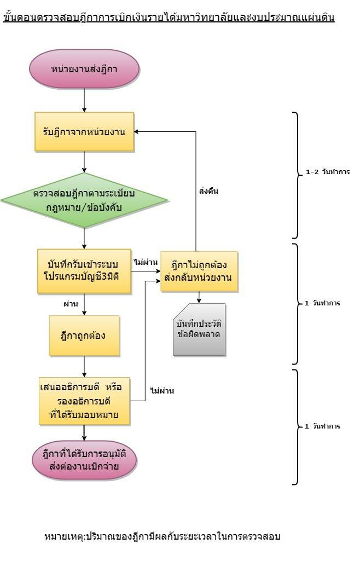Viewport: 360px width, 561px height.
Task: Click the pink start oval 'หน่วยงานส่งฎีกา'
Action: click(84, 70)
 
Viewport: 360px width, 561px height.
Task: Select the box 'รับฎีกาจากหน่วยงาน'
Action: click(84, 132)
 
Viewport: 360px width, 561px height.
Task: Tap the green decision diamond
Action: click(84, 200)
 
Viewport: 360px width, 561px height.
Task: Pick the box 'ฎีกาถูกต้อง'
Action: click(84, 336)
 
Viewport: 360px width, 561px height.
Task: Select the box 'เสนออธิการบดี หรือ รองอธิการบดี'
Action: click(84, 401)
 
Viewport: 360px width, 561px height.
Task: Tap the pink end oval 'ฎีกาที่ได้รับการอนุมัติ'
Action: click(84, 462)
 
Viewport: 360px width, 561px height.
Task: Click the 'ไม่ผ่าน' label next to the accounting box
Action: click(144, 262)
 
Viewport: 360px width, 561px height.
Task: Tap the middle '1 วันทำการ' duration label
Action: click(323, 303)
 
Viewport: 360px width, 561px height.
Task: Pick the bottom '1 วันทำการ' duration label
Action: click(323, 426)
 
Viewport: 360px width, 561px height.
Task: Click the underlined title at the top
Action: click(169, 18)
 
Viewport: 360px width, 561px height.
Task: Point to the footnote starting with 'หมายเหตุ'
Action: click(162, 536)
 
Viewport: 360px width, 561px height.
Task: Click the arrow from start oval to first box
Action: click(84, 100)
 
